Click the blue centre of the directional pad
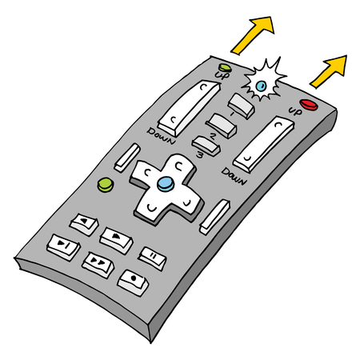click(x=165, y=184)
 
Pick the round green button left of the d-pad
click(x=105, y=186)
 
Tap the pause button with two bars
click(x=150, y=255)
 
